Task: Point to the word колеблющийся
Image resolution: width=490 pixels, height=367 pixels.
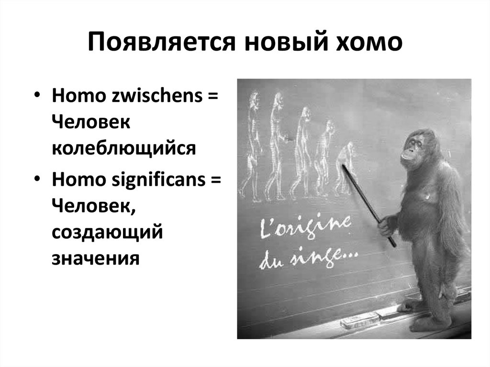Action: [124, 148]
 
